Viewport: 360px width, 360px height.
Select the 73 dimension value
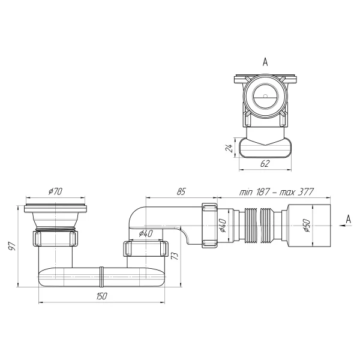click(x=175, y=257)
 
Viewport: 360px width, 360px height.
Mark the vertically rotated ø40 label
click(x=222, y=227)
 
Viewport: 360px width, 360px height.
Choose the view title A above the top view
click(x=265, y=61)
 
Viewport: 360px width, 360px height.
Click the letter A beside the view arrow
click(x=348, y=221)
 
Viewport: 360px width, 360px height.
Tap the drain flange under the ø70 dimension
click(x=56, y=209)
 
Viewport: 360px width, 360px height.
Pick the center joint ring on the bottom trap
click(x=103, y=277)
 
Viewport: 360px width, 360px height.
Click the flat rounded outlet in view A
click(x=265, y=147)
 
